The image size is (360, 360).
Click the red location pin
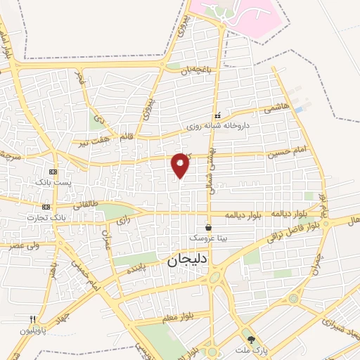181,165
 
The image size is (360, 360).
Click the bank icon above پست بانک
52,172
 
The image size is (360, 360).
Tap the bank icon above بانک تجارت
46,207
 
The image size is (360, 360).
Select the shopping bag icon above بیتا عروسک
209,227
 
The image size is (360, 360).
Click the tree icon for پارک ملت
252,339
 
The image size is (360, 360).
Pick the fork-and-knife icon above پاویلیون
32,319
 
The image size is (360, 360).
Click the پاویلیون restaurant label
32,330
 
